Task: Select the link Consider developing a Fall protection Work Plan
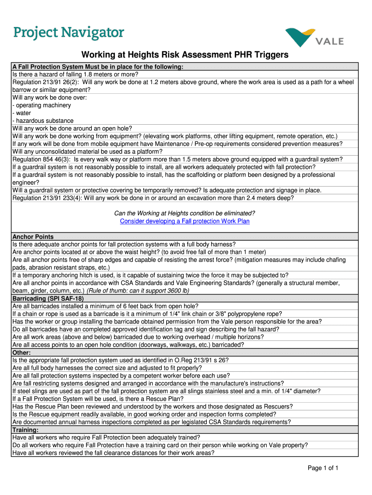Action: (185, 221)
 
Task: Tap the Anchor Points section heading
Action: (33, 237)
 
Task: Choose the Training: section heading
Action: (26, 430)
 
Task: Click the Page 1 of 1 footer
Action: (323, 468)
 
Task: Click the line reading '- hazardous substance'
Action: (43, 121)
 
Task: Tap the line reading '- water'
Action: (22, 113)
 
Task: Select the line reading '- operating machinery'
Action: (42, 105)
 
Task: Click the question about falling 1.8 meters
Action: (75, 74)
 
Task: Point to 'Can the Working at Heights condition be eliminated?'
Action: (185, 213)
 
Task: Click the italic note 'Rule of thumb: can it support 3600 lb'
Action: (138, 291)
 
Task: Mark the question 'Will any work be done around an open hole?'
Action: (72, 129)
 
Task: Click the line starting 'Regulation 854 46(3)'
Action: (177, 160)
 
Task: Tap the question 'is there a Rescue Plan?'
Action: (98, 399)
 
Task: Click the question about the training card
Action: (160, 445)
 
